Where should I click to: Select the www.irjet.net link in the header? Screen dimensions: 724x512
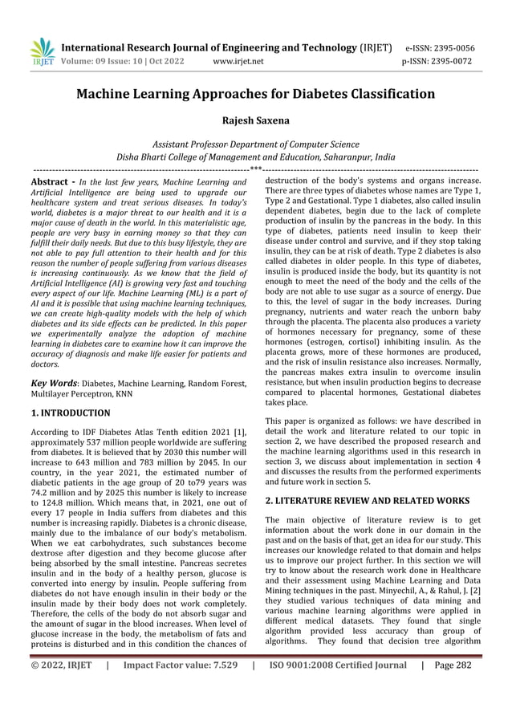point(239,60)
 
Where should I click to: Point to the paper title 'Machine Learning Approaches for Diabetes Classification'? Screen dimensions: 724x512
point(255,95)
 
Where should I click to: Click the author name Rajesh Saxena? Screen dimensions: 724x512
point(255,120)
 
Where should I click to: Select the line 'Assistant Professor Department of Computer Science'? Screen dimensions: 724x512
point(255,144)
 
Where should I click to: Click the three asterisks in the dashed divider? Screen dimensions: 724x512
point(255,169)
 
